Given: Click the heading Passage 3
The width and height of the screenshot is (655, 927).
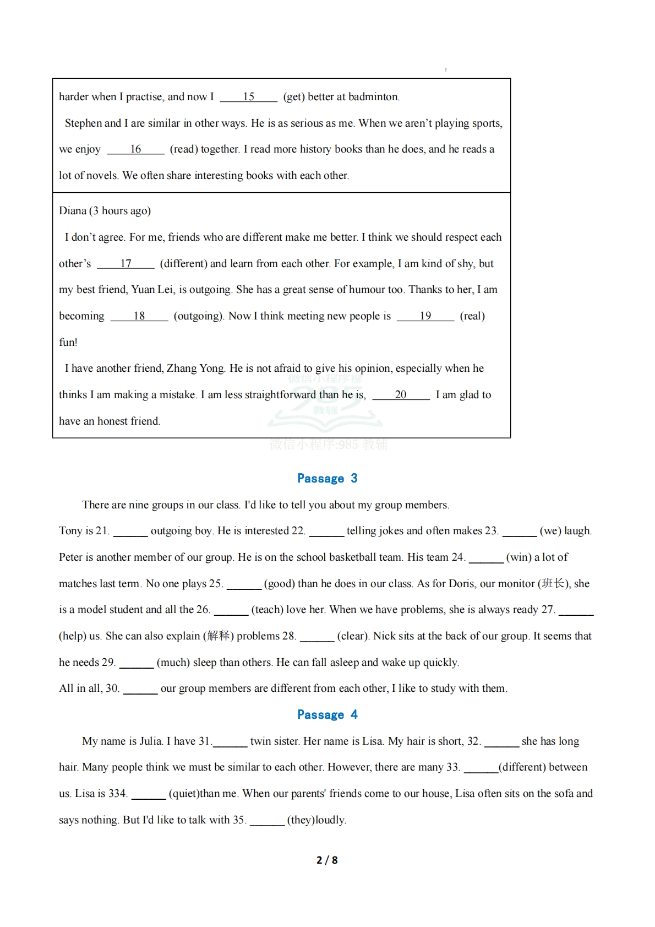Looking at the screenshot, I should click(327, 478).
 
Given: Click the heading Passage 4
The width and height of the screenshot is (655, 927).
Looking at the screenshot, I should click(327, 714).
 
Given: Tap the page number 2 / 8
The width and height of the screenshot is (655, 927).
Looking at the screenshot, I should click(327, 860).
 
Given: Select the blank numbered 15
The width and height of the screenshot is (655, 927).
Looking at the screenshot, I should click(249, 97).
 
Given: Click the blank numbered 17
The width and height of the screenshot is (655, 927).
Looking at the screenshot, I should click(125, 264).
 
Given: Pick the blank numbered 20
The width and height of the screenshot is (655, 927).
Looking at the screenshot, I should click(401, 395).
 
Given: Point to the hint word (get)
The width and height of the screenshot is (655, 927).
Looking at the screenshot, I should click(294, 97).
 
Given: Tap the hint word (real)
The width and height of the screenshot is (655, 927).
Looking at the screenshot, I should click(472, 316).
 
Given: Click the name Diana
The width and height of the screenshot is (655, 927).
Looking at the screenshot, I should click(73, 211).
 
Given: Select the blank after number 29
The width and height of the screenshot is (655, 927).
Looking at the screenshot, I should click(137, 663).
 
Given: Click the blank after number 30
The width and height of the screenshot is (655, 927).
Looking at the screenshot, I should click(140, 689).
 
